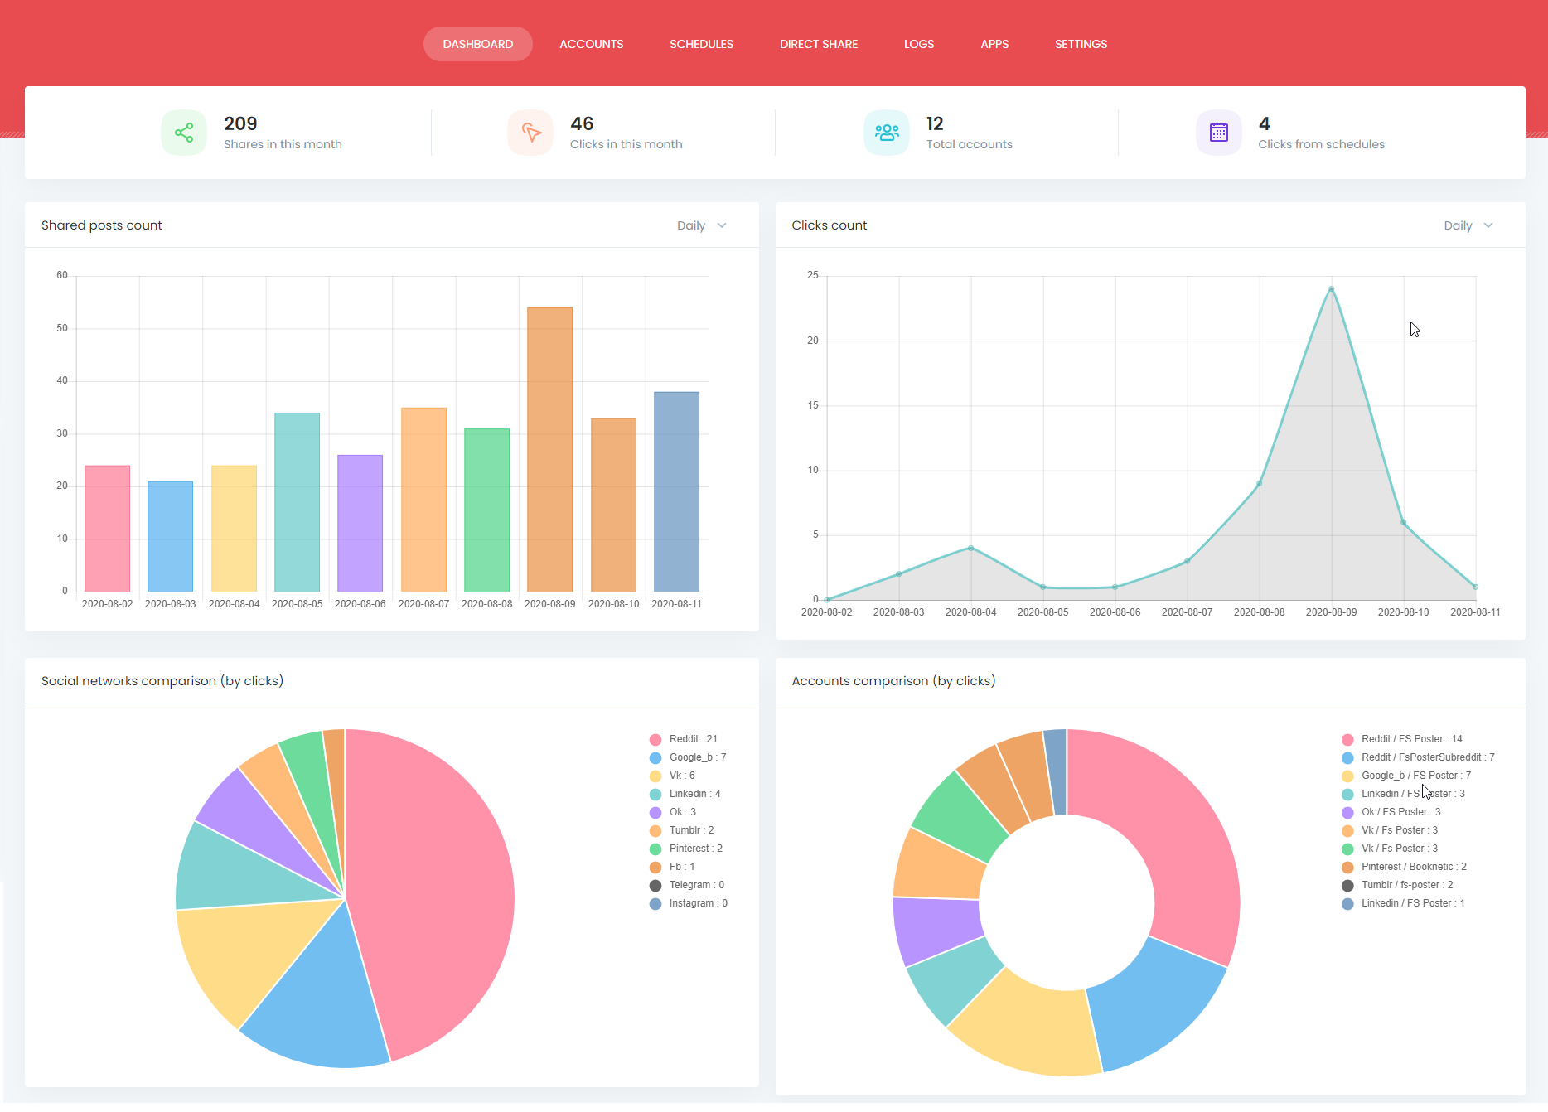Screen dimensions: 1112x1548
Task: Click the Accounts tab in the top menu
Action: click(591, 44)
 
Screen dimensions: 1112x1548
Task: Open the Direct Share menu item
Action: click(818, 44)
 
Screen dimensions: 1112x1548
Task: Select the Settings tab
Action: click(1081, 44)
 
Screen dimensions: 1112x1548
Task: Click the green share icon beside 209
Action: click(184, 133)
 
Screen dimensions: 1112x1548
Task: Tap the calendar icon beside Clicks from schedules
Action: click(1218, 133)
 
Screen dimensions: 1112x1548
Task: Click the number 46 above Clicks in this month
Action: click(582, 123)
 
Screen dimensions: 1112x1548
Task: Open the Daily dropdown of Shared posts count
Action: click(701, 225)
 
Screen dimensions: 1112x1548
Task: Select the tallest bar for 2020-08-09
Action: click(549, 447)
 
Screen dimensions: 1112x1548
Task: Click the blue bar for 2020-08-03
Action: click(170, 535)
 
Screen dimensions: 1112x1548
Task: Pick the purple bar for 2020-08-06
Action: click(360, 522)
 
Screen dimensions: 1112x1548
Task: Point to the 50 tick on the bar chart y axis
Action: click(62, 328)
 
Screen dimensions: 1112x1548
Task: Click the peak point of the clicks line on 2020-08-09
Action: click(1331, 289)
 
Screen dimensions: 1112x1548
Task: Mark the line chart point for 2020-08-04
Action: click(970, 548)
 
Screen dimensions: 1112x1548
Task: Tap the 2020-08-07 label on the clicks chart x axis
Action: click(1187, 612)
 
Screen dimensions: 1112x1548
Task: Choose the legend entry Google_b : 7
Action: click(697, 757)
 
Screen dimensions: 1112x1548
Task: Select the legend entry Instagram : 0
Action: click(698, 903)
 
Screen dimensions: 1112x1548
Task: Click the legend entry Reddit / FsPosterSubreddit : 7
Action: click(1427, 757)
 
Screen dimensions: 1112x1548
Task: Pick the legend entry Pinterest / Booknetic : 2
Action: click(1413, 867)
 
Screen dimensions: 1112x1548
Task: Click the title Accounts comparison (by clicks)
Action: click(893, 681)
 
